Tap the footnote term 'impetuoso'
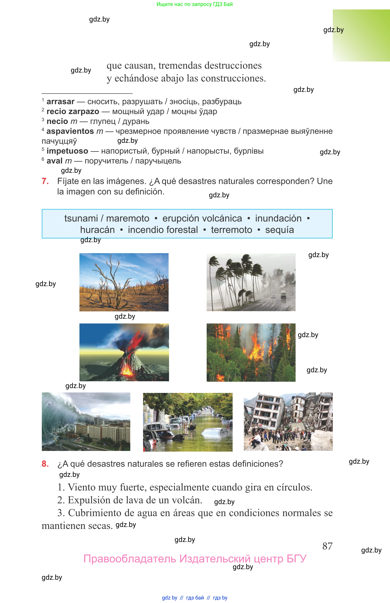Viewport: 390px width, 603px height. tap(67, 151)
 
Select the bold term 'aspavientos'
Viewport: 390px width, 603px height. tap(70, 131)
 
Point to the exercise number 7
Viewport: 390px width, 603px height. tap(45, 181)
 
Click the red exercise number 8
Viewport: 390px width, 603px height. tap(45, 464)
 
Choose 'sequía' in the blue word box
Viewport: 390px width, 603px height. tap(279, 230)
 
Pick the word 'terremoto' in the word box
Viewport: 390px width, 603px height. tap(232, 230)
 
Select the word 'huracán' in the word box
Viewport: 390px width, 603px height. tap(97, 230)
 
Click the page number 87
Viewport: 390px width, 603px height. tap(327, 546)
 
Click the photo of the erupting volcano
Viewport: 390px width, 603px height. tap(124, 352)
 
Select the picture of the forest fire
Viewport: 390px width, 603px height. tap(251, 352)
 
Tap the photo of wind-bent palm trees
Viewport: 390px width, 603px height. tap(251, 282)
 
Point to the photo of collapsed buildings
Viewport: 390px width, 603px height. tap(288, 421)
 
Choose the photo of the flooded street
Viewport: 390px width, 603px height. tap(188, 422)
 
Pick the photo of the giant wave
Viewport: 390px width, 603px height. tap(86, 421)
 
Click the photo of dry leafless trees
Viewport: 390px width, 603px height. tap(124, 282)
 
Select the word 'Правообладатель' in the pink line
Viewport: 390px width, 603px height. tap(129, 559)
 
